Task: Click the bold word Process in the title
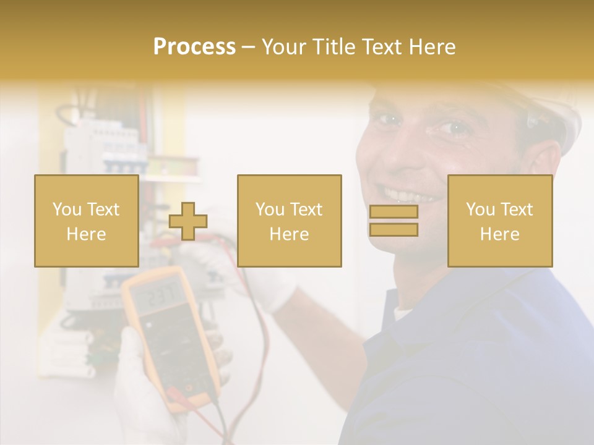click(x=194, y=47)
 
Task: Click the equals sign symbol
click(x=394, y=221)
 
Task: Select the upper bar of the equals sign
click(x=394, y=212)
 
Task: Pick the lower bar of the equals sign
click(x=394, y=230)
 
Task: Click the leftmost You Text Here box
click(x=86, y=221)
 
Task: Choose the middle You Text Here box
click(x=289, y=221)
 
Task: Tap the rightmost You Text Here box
click(x=499, y=221)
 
